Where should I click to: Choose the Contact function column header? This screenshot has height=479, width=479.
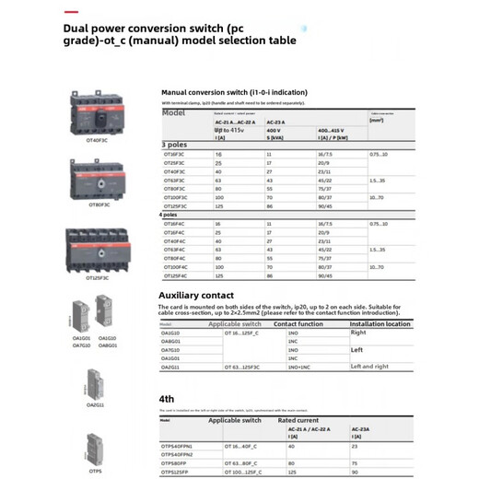click(298, 324)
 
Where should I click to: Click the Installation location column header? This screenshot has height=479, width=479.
click(380, 324)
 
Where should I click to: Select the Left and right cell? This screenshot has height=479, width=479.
click(371, 367)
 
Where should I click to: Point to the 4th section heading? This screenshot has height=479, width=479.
click(167, 399)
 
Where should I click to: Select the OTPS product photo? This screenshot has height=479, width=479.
click(95, 447)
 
